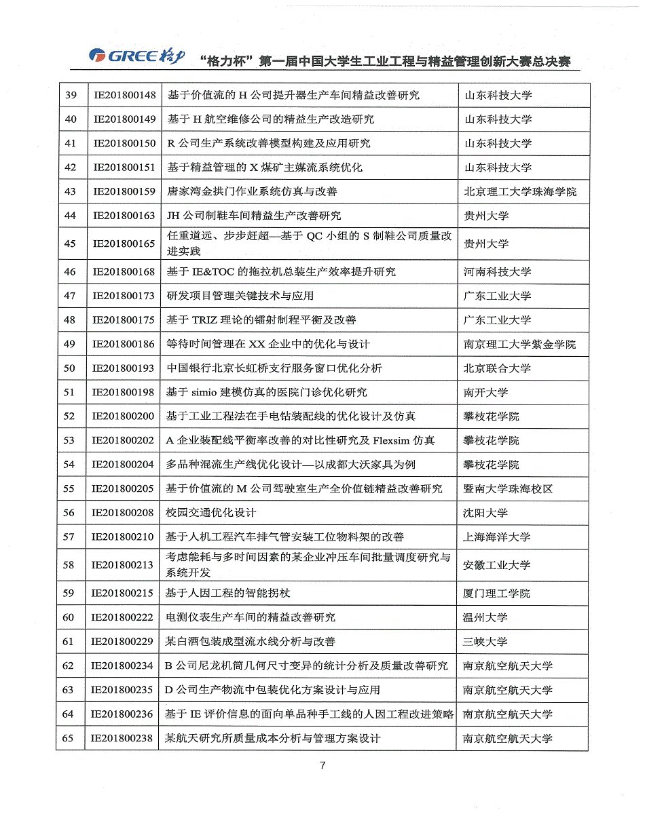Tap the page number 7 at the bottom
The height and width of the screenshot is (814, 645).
click(x=322, y=766)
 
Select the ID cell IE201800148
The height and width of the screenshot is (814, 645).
click(x=124, y=95)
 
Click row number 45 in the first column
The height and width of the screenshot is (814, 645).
click(x=70, y=244)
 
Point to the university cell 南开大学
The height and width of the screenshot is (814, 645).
click(x=485, y=392)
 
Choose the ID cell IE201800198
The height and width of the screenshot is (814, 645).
click(x=124, y=392)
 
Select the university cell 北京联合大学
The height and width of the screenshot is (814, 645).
click(x=497, y=368)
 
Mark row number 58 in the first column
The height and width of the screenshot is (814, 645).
click(x=69, y=565)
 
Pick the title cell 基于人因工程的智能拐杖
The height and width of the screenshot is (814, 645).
click(x=228, y=594)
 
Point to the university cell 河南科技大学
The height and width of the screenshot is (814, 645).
click(x=497, y=272)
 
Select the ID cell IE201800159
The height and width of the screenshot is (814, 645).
click(x=124, y=191)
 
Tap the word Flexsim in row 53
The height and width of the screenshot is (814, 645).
click(x=393, y=441)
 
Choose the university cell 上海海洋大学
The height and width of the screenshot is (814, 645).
click(x=496, y=537)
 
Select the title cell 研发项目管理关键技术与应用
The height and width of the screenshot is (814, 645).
click(x=240, y=296)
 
